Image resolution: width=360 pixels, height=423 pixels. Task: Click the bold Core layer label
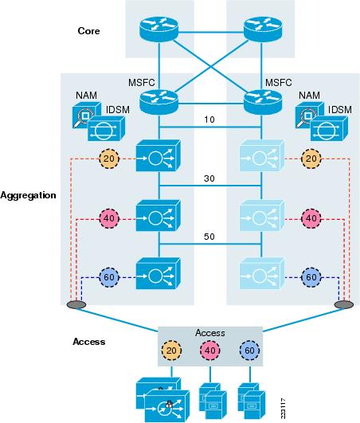(88, 31)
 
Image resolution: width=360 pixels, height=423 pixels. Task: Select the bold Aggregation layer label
(29, 195)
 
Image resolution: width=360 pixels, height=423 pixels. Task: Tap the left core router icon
(158, 29)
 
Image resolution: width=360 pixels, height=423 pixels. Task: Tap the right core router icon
(263, 29)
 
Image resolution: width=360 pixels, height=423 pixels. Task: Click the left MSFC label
(142, 83)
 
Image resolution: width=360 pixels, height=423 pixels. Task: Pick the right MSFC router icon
(263, 102)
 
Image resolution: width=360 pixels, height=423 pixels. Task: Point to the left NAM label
(86, 96)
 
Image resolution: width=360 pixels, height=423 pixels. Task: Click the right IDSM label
(340, 110)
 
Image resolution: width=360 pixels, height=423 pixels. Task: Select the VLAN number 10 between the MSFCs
(209, 119)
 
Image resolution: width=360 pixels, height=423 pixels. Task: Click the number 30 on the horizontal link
(209, 178)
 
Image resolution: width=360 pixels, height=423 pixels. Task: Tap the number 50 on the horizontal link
(209, 237)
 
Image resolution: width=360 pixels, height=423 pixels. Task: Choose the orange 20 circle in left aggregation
(109, 159)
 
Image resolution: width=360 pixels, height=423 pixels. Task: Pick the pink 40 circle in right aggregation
(311, 218)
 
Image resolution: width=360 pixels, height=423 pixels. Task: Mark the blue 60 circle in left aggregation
(109, 277)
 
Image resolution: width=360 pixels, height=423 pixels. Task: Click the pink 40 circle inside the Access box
(210, 351)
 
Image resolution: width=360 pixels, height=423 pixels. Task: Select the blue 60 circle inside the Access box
(249, 351)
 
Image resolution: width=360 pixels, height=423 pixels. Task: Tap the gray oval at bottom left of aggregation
(76, 305)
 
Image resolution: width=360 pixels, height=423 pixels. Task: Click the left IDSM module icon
(106, 129)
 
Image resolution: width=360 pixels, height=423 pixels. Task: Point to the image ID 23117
(283, 409)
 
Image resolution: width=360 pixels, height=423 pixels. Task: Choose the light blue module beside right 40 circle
(262, 216)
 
